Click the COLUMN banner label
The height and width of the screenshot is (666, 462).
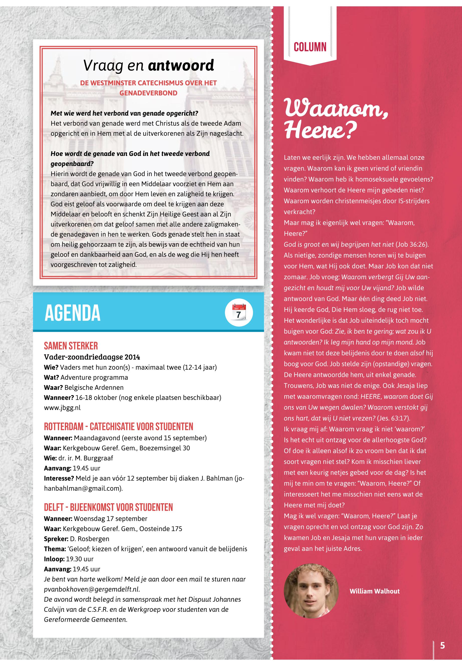pyautogui.click(x=310, y=47)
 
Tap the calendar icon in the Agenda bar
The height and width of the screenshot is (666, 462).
pyautogui.click(x=239, y=313)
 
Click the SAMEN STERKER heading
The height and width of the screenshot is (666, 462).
pyautogui.click(x=71, y=346)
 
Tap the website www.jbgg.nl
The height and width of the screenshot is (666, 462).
pyautogui.click(x=62, y=408)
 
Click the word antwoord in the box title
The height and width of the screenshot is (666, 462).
pyautogui.click(x=181, y=65)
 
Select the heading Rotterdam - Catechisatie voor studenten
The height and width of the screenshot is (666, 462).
pyautogui.click(x=118, y=426)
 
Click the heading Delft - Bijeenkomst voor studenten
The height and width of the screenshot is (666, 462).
pyautogui.click(x=108, y=507)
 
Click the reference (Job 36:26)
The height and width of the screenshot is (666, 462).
pyautogui.click(x=412, y=244)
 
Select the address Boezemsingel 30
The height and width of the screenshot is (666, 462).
pyautogui.click(x=165, y=448)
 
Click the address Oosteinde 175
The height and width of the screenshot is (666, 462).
pyautogui.click(x=161, y=529)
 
